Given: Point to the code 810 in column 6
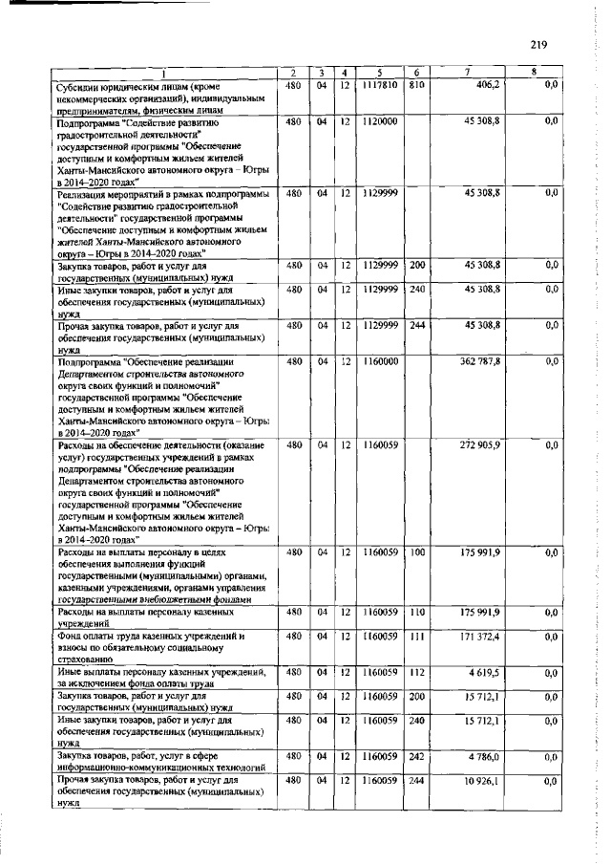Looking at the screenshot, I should tap(415, 85).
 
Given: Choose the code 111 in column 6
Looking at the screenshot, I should tap(415, 636).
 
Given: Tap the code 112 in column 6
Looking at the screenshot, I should tap(415, 673).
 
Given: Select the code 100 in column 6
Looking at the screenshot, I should tap(415, 552).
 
